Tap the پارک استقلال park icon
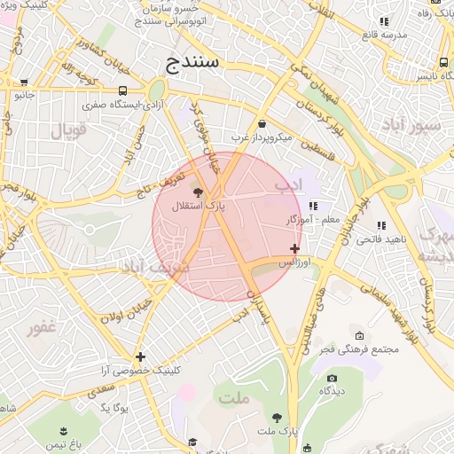coord(197,192)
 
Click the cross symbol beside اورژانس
coord(294,249)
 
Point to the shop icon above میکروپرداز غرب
coord(262,124)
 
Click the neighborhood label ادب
coord(289,186)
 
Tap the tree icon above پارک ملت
coord(278,417)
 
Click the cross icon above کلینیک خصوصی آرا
coord(140,356)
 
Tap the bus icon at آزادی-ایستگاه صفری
coord(122,90)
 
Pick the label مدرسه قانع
coord(384,35)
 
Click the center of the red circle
coord(227,226)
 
